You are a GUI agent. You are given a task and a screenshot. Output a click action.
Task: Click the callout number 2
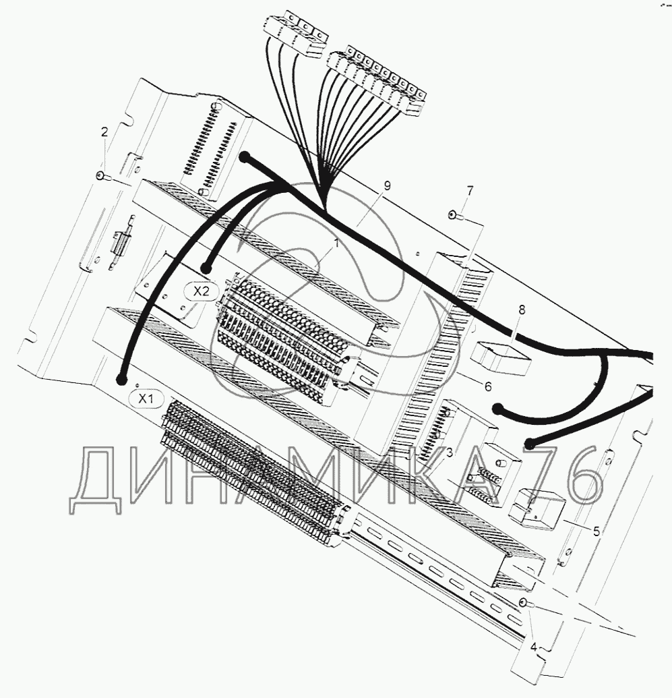[104, 133]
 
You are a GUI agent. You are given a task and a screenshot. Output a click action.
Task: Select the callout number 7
[470, 192]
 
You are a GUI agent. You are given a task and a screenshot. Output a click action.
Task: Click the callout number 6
[487, 386]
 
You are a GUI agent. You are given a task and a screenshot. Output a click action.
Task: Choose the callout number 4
[534, 647]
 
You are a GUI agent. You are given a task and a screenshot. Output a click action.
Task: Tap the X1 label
[146, 399]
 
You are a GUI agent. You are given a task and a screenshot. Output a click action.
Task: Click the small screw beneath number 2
[100, 175]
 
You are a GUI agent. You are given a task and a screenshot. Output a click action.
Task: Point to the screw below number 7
[453, 216]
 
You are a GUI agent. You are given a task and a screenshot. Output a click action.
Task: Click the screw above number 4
[524, 602]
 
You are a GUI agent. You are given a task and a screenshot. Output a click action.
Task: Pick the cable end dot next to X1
[122, 379]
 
